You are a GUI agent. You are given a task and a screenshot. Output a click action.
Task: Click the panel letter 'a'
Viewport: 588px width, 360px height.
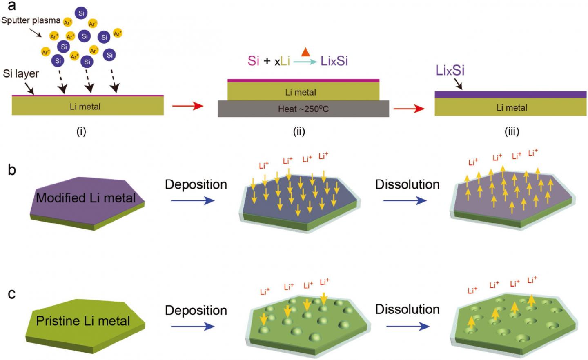pyautogui.click(x=12, y=6)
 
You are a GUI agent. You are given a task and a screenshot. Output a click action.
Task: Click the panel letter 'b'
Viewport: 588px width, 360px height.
pyautogui.click(x=12, y=170)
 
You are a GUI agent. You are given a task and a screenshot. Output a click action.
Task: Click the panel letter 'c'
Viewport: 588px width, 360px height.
pyautogui.click(x=12, y=293)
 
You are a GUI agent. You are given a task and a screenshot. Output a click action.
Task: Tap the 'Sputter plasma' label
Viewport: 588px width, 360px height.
pyautogui.click(x=31, y=20)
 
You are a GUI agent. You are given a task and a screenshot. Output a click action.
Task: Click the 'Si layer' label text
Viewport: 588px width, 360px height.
pyautogui.click(x=21, y=74)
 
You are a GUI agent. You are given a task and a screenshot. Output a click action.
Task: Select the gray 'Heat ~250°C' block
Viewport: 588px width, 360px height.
pyautogui.click(x=303, y=109)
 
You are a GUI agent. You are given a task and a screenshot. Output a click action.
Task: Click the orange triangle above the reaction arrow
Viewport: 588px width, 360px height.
pyautogui.click(x=305, y=52)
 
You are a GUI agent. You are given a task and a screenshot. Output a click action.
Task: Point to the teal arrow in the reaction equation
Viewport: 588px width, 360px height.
pyautogui.click(x=306, y=62)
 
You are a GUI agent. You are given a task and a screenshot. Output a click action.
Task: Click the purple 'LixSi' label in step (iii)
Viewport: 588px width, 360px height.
pyautogui.click(x=450, y=71)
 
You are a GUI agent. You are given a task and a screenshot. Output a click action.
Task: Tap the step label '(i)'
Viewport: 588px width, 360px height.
pyautogui.click(x=81, y=131)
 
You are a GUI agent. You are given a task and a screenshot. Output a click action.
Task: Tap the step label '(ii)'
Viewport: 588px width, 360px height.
pyautogui.click(x=299, y=131)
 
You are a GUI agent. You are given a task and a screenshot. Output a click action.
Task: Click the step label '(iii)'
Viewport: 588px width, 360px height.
pyautogui.click(x=512, y=131)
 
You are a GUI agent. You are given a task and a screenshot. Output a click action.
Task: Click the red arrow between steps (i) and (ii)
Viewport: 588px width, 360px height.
pyautogui.click(x=187, y=107)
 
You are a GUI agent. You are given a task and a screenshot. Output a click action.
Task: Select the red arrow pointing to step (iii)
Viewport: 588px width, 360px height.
pyautogui.click(x=409, y=109)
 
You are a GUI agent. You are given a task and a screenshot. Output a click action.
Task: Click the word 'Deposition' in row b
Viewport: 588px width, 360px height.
pyautogui.click(x=196, y=184)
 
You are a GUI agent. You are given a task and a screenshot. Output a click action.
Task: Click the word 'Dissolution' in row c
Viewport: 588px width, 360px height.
pyautogui.click(x=407, y=309)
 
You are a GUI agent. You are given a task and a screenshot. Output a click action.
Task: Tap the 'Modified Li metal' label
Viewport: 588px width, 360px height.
pyautogui.click(x=86, y=198)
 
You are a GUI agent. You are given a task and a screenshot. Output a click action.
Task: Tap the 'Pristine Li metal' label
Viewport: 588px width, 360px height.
pyautogui.click(x=83, y=321)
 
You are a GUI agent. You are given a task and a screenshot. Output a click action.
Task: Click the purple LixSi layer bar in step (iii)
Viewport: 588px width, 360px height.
pyautogui.click(x=510, y=94)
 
